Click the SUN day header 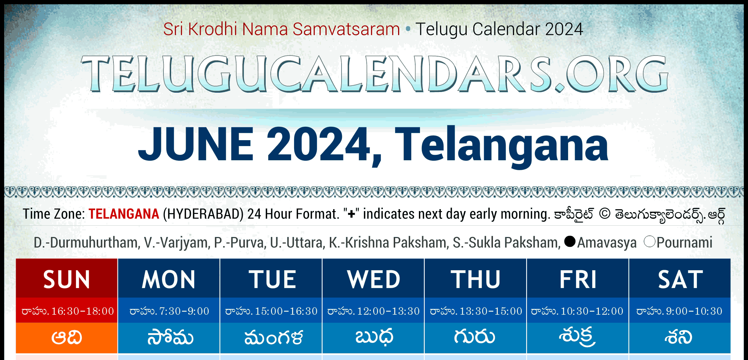(67, 279)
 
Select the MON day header (169, 279)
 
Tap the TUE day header (271, 279)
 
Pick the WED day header (373, 279)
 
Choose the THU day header (475, 279)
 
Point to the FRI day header (578, 279)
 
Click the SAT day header (680, 279)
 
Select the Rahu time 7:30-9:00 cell (169, 311)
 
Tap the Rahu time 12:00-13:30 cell (373, 311)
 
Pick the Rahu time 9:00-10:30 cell (680, 311)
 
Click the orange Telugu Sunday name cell (67, 338)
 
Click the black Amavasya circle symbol (570, 241)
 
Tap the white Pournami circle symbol (649, 241)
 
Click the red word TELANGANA (124, 214)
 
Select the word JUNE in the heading (196, 144)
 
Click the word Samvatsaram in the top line (346, 29)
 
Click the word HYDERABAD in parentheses (203, 214)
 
